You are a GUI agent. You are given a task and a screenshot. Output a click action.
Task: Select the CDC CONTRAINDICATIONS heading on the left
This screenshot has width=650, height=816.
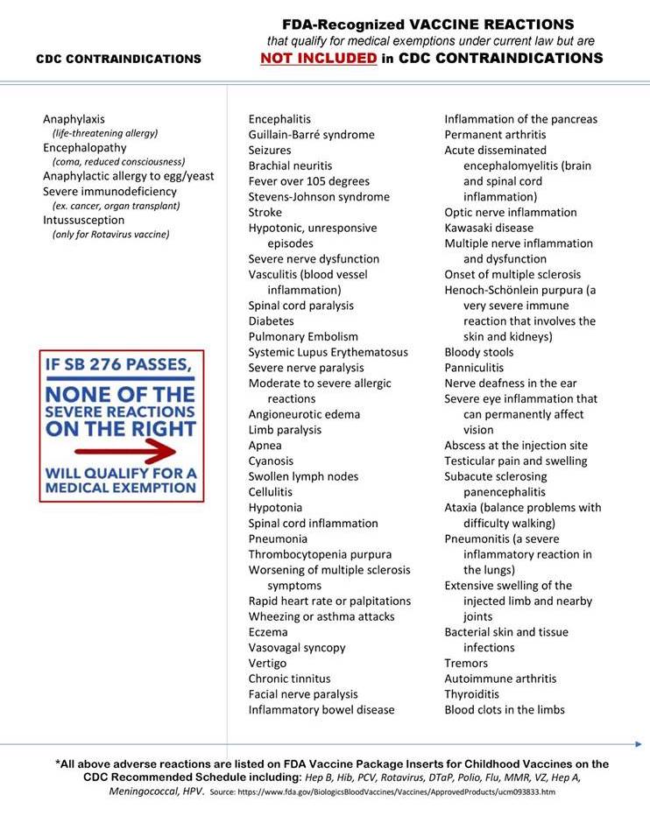[x=118, y=60]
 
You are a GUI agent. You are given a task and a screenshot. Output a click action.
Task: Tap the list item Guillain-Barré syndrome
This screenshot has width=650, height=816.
[x=311, y=135]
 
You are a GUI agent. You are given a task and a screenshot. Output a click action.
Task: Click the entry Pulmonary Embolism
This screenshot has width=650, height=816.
[x=303, y=336]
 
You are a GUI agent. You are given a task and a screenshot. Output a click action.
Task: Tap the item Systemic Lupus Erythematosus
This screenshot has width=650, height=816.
[x=328, y=352]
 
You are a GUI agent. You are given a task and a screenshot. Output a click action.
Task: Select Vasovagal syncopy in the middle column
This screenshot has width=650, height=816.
[x=297, y=648]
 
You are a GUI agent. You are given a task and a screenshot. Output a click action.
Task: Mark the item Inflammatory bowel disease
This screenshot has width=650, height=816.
[x=321, y=709]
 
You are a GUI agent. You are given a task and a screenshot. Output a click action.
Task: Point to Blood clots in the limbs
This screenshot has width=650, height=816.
[x=505, y=709]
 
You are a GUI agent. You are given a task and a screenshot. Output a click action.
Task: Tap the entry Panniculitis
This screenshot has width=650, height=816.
[x=474, y=368]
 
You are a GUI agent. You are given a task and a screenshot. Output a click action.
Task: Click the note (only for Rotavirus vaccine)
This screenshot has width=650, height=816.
[x=111, y=235]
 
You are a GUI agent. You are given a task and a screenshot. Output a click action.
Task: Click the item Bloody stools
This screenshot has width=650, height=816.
[x=478, y=352]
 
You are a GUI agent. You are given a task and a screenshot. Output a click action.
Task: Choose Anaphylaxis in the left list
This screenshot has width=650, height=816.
[x=74, y=119]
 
